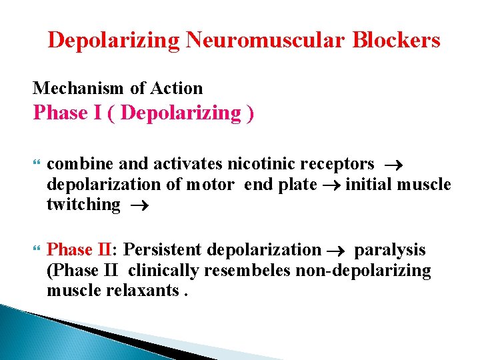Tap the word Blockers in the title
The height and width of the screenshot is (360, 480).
coord(397,40)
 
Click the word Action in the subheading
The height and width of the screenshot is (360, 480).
coord(178,88)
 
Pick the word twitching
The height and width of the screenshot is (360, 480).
coord(83,205)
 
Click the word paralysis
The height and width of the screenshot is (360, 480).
coord(390,250)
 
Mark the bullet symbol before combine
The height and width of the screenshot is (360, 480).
coord(36,165)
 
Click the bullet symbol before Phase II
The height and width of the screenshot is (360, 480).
coord(36,251)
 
